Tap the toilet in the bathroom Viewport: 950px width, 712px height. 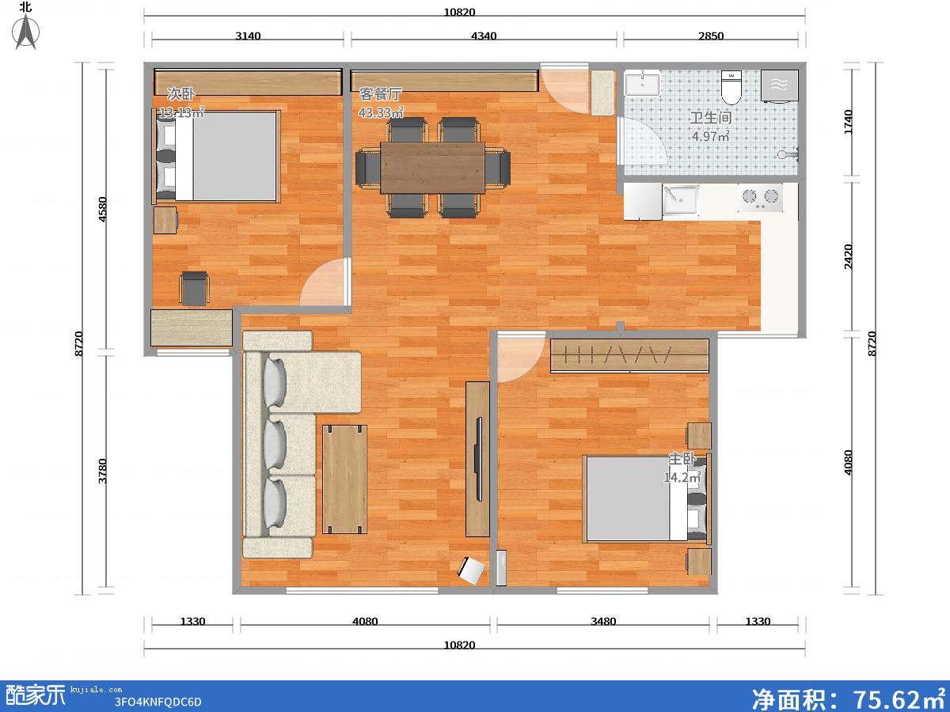coord(731,88)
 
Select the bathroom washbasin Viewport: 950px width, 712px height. coord(642,82)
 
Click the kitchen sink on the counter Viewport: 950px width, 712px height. coord(680,199)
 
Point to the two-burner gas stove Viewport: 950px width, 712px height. coord(761,198)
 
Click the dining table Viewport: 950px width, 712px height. coord(432,168)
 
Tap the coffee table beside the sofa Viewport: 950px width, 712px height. coord(344,479)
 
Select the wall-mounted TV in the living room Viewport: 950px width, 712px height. coord(478,459)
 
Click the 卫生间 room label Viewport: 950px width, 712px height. coord(711,118)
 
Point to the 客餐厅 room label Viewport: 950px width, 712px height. coord(381,94)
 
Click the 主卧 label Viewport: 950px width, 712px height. coord(682,459)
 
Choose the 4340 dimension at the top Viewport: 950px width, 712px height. coord(484,36)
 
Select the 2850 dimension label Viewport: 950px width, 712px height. coord(711,36)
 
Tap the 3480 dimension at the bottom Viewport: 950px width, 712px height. coord(603,621)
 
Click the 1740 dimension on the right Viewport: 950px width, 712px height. coord(848,123)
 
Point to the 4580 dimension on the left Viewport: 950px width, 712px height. coord(103,209)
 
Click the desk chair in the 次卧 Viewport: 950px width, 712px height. coord(194,288)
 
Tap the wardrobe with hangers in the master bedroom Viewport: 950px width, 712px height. coord(629,355)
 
